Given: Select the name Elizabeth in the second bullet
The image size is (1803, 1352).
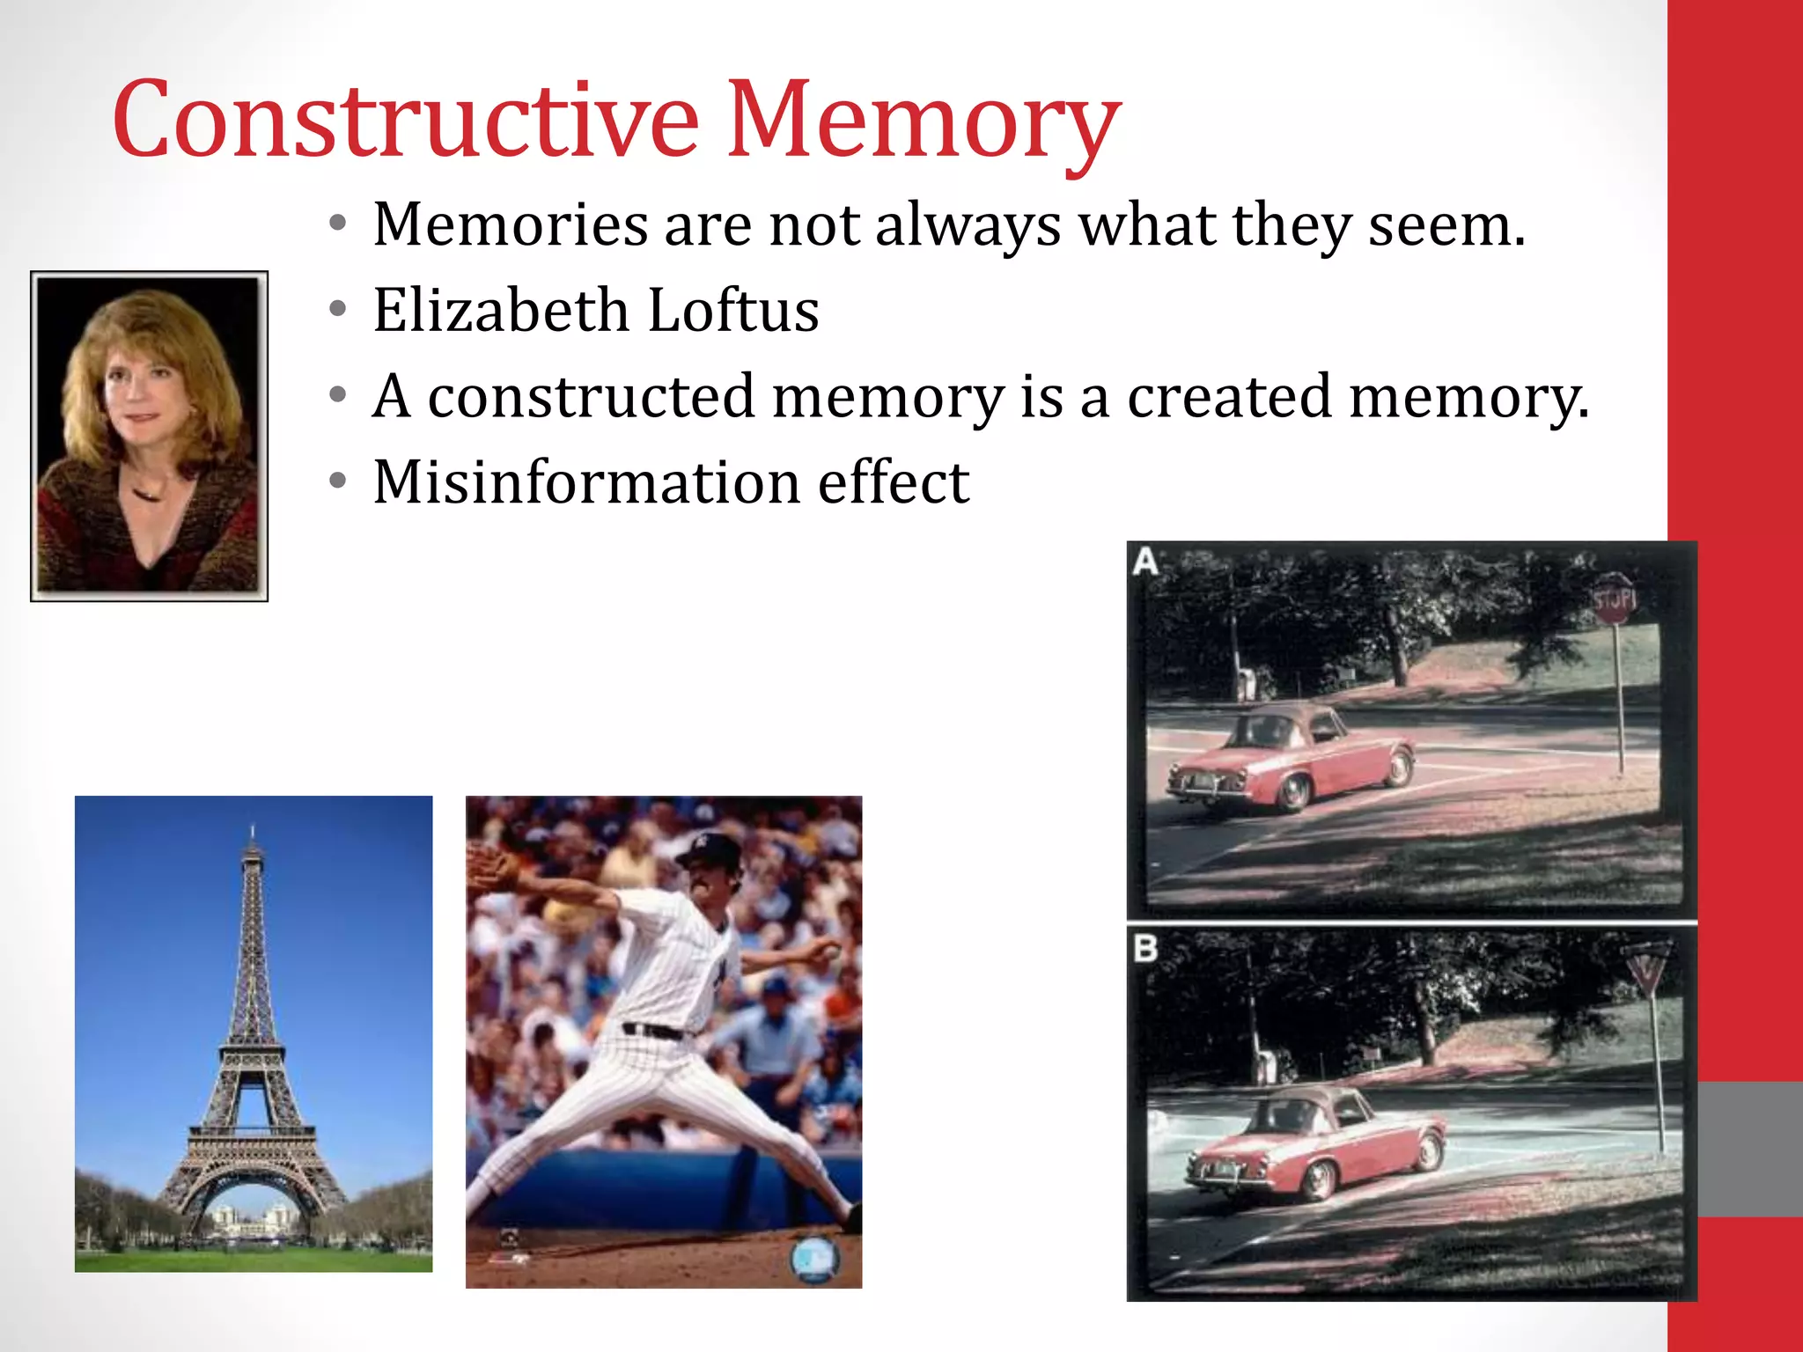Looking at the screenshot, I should coord(500,310).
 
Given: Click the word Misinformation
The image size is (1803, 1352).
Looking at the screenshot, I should coord(586,482).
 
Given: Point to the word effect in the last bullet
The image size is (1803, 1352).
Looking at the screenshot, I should coord(893,482).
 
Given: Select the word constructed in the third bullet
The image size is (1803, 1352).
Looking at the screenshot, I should coord(591,396).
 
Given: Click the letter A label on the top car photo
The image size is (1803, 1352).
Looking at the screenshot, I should coord(1145,561).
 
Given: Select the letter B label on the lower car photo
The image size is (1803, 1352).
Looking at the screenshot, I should coord(1145,949).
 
